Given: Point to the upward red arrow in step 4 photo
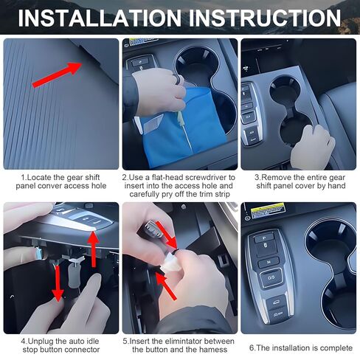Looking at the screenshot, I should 92,243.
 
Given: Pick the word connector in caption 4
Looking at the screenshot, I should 79,350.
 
